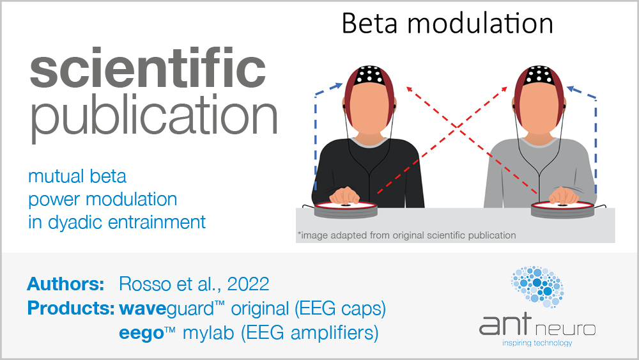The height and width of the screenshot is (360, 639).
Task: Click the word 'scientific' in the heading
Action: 147,72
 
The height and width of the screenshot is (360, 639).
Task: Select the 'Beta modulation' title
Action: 447,24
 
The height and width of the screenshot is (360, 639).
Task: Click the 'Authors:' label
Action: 66,283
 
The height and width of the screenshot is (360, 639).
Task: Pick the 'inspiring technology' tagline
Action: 537,343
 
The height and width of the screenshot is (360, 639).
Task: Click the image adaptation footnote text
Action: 406,235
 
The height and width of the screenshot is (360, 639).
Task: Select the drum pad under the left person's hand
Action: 346,208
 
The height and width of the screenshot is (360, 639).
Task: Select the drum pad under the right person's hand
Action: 564,208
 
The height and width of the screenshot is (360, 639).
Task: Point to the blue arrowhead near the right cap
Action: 571,90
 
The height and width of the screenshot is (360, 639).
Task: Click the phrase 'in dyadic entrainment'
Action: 117,223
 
